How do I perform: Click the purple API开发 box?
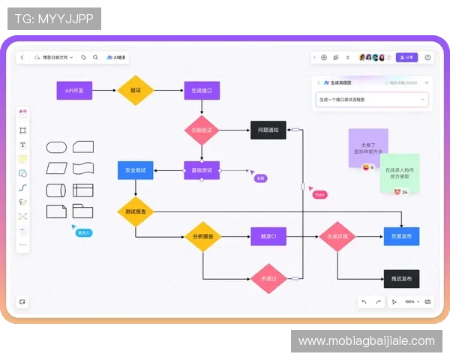[x=74, y=90]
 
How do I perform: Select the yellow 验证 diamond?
[x=135, y=90]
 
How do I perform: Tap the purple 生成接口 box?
[x=202, y=90]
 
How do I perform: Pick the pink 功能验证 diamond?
[x=202, y=130]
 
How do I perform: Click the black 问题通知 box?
[x=268, y=130]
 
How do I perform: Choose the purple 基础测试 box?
[x=202, y=170]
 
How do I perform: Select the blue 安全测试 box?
[x=135, y=170]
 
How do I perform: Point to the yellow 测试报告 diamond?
[x=135, y=211]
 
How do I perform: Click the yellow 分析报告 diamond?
[x=202, y=237]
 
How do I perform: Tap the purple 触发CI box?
[x=268, y=237]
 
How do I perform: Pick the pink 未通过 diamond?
[x=268, y=278]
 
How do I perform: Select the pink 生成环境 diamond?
[x=337, y=237]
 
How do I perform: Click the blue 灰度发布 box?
[x=401, y=237]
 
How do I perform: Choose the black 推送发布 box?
[x=401, y=278]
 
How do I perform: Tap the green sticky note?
[x=399, y=172]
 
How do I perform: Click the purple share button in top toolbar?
[x=406, y=57]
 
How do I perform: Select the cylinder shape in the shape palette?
[x=57, y=190]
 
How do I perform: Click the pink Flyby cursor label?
[x=320, y=195]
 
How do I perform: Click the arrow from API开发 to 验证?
[x=104, y=90]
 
